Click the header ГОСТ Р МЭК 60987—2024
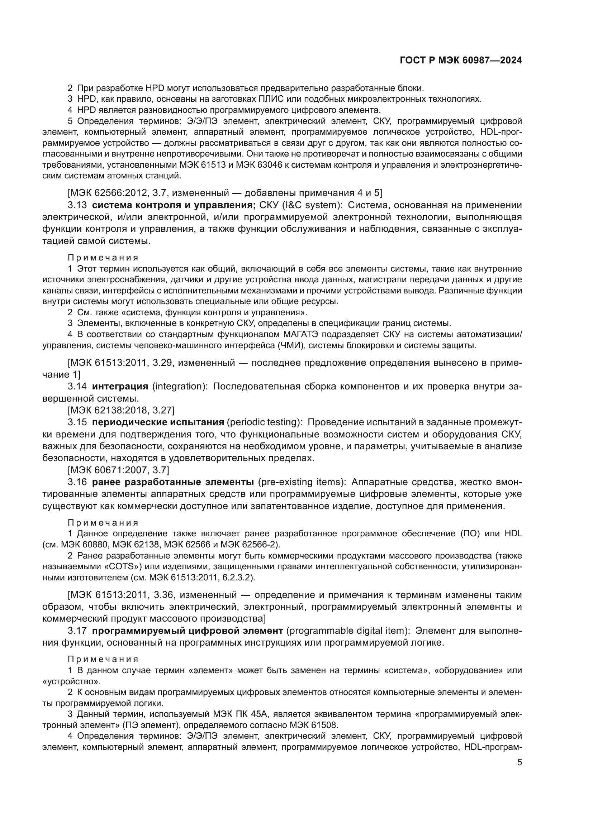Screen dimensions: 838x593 pyautogui.click(x=461, y=61)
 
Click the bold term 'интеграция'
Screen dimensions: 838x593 pyautogui.click(x=120, y=386)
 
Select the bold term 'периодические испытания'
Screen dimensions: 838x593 pyautogui.click(x=158, y=422)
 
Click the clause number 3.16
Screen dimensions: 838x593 pyautogui.click(x=77, y=482)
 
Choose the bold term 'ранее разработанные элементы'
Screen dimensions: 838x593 pyautogui.click(x=173, y=482)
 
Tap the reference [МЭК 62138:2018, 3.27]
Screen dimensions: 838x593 pyautogui.click(x=121, y=410)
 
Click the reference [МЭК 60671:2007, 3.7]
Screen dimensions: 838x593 pyautogui.click(x=118, y=470)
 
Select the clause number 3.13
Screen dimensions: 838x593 pyautogui.click(x=77, y=205)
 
